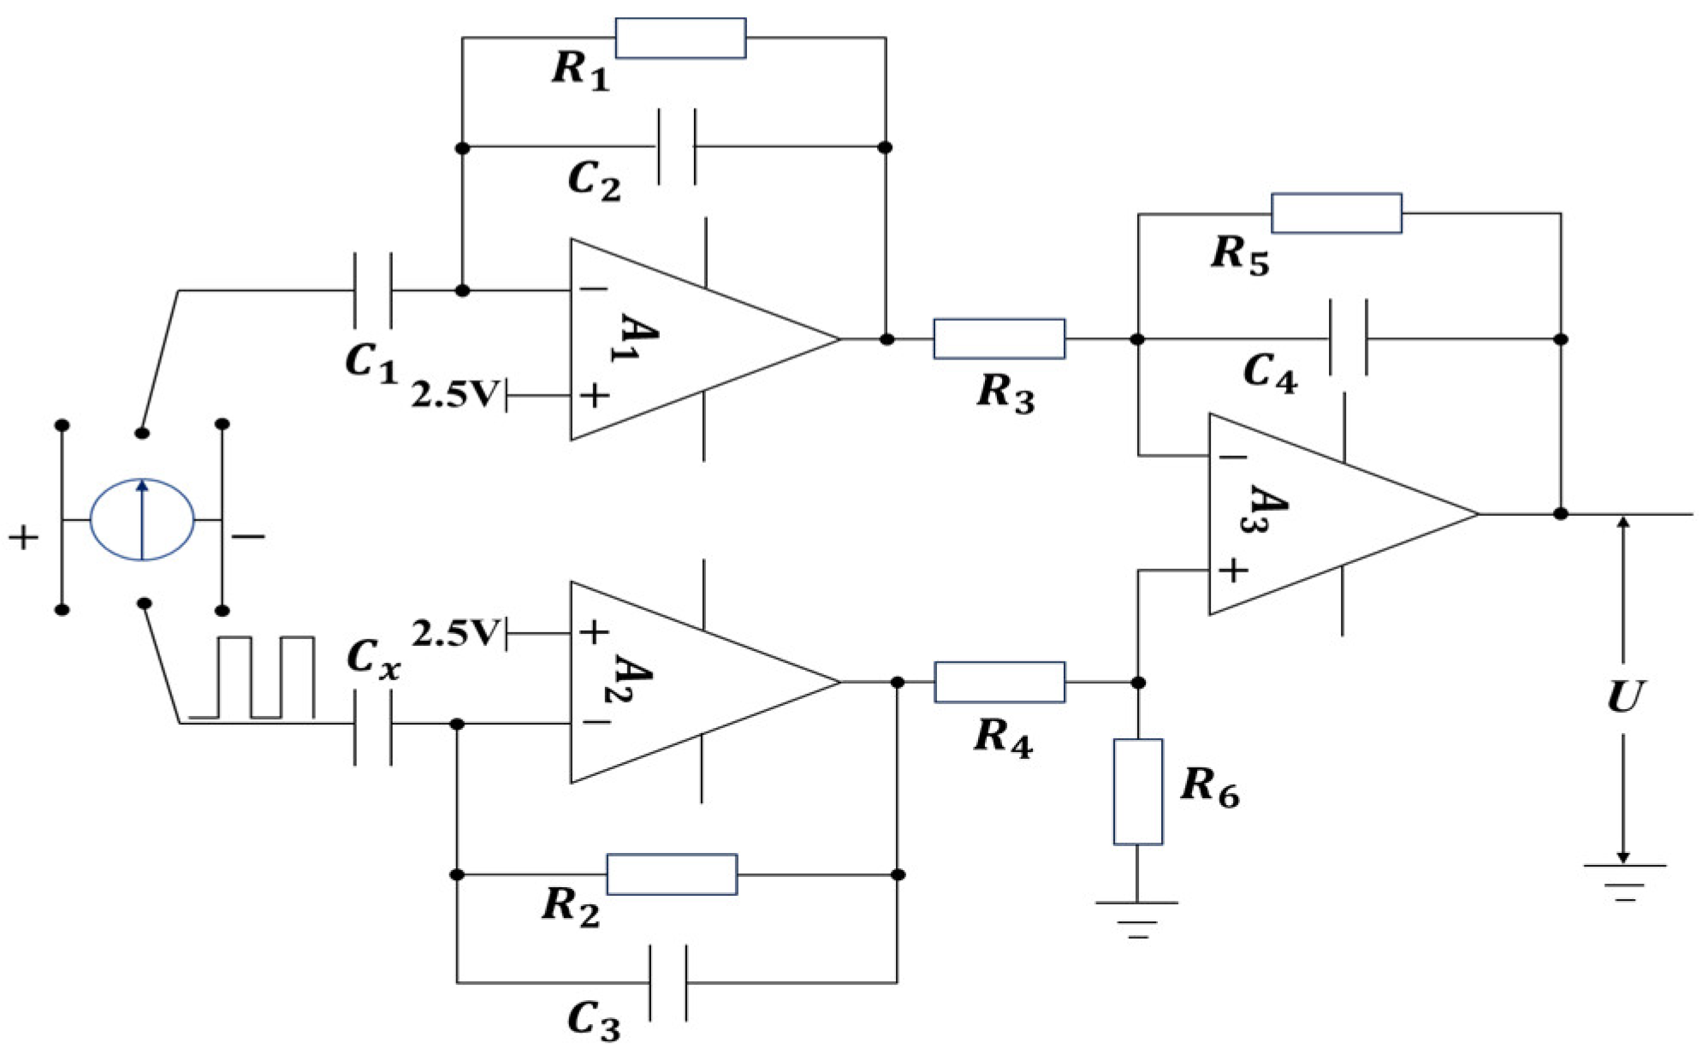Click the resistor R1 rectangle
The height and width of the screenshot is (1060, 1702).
(680, 38)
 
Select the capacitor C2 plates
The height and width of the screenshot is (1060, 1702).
(677, 146)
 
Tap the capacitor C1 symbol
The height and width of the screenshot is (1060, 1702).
(373, 290)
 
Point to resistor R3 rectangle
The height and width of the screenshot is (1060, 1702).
(999, 339)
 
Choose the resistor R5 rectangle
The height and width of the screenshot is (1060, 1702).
(1336, 213)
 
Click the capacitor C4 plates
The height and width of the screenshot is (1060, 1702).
(1348, 338)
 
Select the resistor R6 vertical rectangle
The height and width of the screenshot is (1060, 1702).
(1137, 791)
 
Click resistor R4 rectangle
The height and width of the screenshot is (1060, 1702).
(999, 682)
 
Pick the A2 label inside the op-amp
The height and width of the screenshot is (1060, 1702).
(634, 678)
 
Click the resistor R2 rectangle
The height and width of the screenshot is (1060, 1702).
(672, 873)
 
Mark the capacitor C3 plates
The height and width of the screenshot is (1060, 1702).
(667, 982)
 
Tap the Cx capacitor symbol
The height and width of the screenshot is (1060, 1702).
(373, 725)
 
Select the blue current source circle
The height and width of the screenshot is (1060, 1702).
(142, 519)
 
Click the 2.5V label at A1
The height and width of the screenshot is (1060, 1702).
(454, 394)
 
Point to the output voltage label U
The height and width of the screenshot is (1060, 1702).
(1623, 696)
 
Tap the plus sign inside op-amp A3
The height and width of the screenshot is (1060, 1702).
(1232, 570)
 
